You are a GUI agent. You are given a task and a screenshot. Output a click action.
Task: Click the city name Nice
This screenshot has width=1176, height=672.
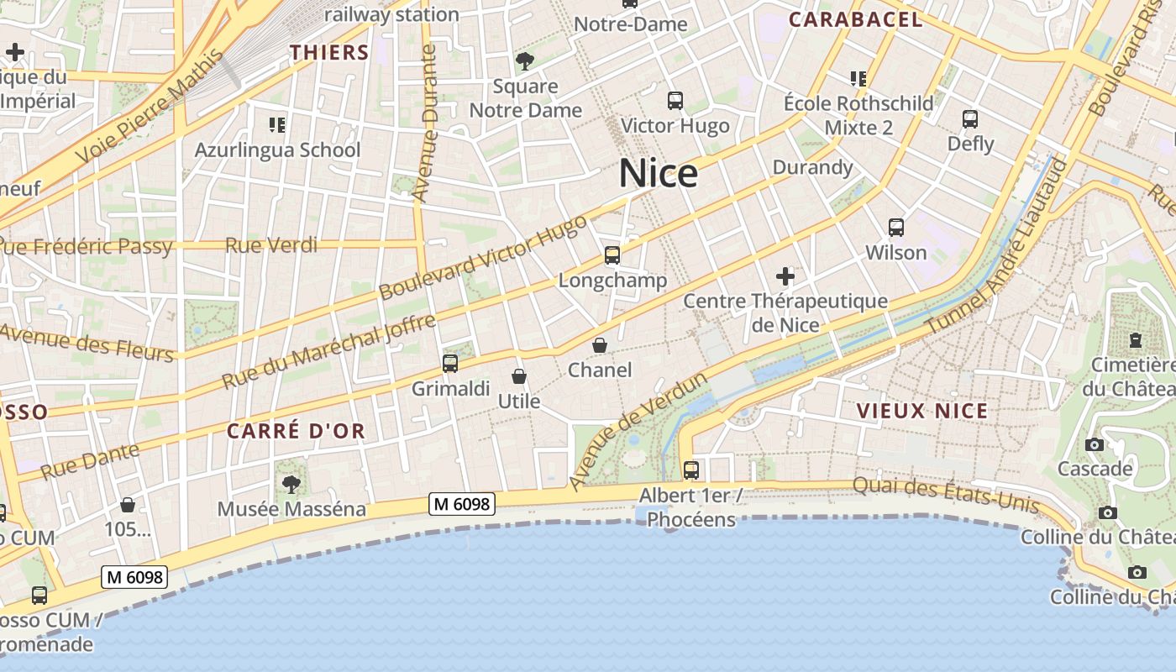coord(659,174)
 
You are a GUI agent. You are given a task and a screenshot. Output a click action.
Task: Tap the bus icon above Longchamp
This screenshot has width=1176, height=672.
coord(612,255)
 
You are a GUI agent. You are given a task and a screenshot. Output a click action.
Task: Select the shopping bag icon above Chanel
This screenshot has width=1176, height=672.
coord(600,345)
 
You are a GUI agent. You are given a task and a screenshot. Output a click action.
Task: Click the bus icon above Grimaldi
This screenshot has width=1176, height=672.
coord(450,364)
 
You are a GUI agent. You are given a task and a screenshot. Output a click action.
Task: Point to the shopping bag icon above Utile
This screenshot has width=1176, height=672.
coord(519,376)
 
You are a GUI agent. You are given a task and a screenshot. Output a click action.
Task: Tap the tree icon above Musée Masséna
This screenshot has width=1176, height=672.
coord(291,484)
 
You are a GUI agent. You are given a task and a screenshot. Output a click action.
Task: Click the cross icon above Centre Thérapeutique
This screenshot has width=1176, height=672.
coord(785,276)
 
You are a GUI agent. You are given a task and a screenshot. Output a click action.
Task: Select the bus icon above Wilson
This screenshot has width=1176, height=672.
coord(896,228)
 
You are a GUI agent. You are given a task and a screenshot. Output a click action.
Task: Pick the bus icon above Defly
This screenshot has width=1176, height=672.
coord(970,119)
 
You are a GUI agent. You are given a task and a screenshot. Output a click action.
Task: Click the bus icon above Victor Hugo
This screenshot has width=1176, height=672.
coord(675,101)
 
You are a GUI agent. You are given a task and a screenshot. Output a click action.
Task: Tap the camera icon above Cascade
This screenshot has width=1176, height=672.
coord(1095,444)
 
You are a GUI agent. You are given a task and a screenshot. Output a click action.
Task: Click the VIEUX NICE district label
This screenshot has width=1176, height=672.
coord(922,412)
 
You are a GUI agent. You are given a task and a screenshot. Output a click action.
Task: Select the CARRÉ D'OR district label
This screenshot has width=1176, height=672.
coord(296,432)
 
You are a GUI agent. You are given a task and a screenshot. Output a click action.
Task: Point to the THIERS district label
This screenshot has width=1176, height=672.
coord(329,53)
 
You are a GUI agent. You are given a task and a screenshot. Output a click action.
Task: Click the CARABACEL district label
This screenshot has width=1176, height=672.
coord(855,20)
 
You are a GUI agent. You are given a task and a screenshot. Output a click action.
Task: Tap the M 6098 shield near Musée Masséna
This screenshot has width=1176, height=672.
coord(462,504)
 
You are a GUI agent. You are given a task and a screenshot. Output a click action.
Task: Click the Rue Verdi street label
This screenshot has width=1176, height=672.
coord(271,245)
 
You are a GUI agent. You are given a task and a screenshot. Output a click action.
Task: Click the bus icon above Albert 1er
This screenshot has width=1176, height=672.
coord(691,470)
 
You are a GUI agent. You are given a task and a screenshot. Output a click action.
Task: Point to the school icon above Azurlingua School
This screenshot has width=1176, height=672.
coord(277,125)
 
